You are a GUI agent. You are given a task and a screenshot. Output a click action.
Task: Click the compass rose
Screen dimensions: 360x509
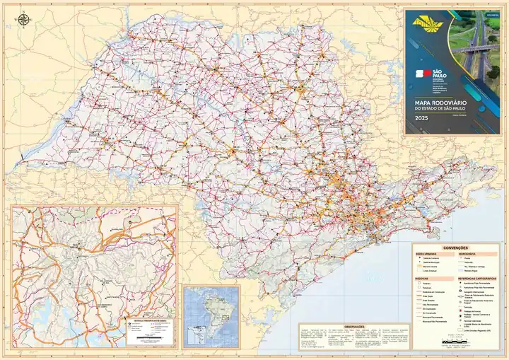25,19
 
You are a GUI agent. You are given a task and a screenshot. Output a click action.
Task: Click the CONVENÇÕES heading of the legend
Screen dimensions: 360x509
455,248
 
